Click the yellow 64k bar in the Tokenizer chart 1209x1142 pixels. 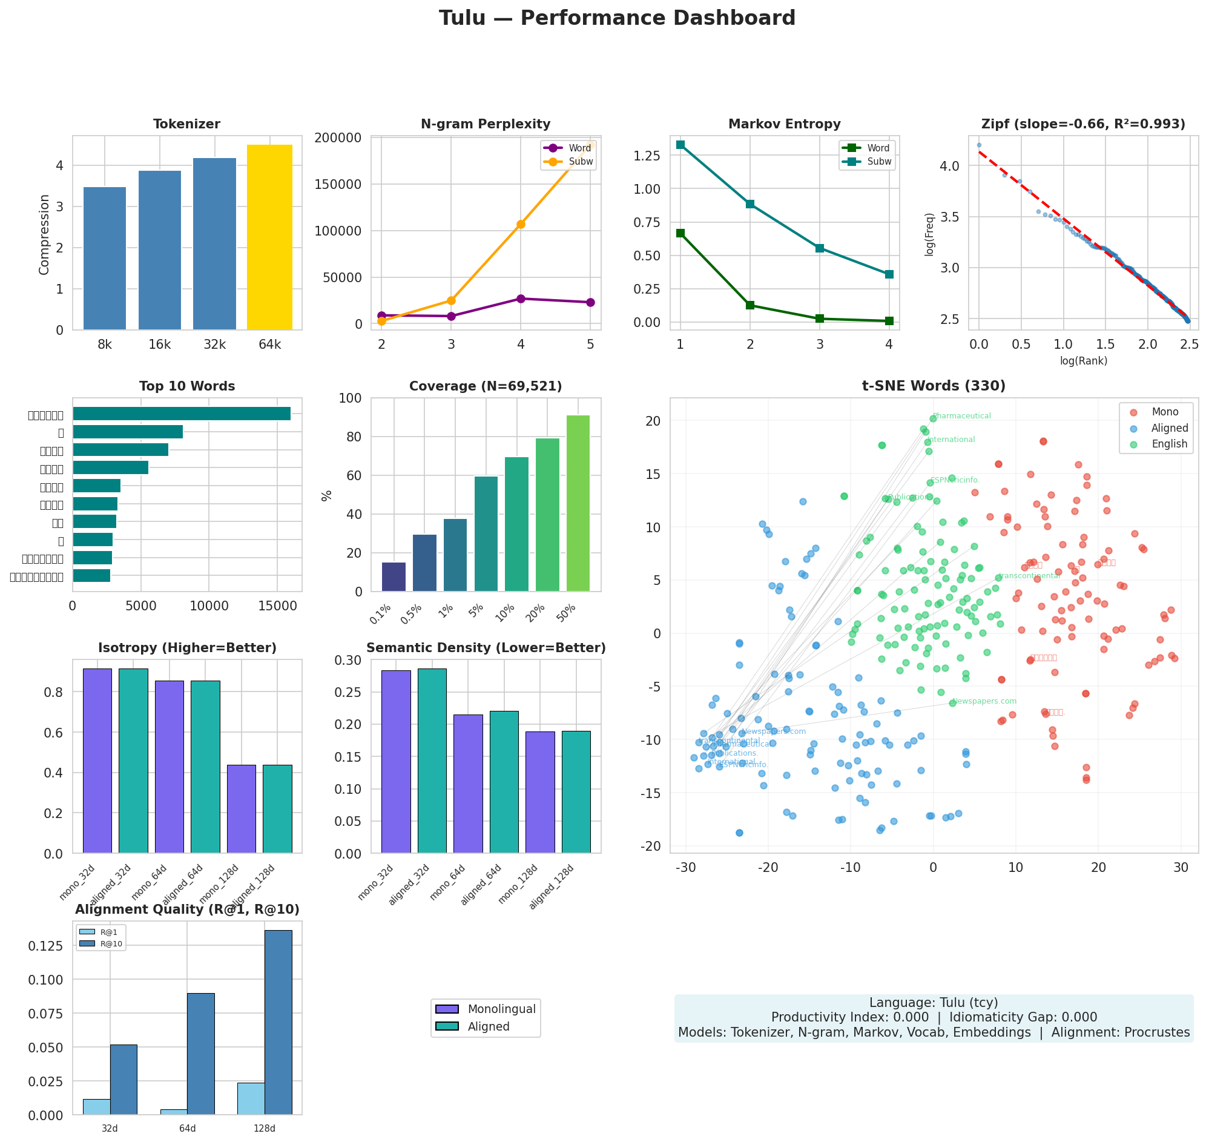(x=269, y=237)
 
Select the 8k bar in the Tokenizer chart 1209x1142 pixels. (x=105, y=259)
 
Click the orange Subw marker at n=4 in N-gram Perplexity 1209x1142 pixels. (x=521, y=224)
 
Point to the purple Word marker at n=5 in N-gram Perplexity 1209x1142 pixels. (x=590, y=303)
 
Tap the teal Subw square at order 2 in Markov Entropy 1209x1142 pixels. (x=750, y=204)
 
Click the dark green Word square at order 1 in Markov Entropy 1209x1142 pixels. (x=680, y=233)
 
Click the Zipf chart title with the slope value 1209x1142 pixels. (x=1082, y=124)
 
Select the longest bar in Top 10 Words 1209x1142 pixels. (x=182, y=414)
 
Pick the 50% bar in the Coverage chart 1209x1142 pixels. (x=578, y=503)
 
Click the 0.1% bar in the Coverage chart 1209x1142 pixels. (x=394, y=576)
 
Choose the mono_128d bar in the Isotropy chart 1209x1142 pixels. (x=241, y=808)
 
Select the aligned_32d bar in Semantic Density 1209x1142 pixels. (x=432, y=761)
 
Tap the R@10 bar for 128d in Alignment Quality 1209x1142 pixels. (x=278, y=1023)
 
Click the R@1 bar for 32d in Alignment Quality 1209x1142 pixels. (x=96, y=1107)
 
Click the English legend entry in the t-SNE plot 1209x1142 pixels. (x=1168, y=444)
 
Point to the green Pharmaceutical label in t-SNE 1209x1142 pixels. (x=961, y=416)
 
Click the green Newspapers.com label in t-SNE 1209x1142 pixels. (x=984, y=701)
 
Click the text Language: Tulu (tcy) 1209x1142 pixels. (x=933, y=1003)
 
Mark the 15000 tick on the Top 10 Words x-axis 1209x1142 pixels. (x=277, y=606)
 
